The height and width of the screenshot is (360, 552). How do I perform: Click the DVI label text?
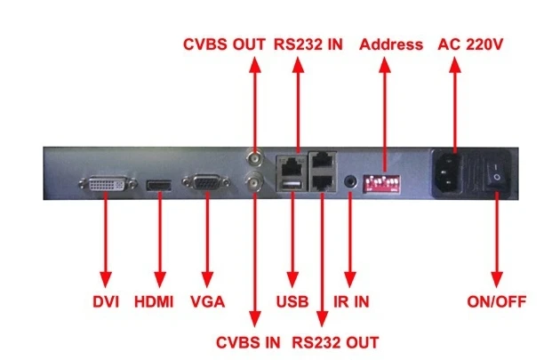click(106, 302)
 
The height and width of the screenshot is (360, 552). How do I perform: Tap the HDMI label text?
click(154, 302)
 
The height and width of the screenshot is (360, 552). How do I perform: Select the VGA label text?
click(207, 302)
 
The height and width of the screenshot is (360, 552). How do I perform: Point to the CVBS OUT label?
click(224, 44)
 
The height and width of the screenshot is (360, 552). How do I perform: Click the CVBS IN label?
click(248, 342)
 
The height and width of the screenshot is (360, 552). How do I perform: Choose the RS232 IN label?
click(308, 44)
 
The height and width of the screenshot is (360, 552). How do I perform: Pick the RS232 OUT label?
click(335, 342)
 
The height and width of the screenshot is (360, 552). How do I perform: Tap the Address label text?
click(391, 44)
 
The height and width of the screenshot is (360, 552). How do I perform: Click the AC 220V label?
click(470, 44)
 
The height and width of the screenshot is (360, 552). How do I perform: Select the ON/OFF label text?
click(496, 301)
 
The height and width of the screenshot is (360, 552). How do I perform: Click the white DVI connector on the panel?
click(108, 184)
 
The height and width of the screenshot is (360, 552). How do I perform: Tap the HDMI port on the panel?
click(159, 186)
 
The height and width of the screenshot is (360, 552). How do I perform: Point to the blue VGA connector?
click(206, 183)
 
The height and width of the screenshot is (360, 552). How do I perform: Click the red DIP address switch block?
click(381, 183)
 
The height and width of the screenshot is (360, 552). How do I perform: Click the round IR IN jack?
click(350, 182)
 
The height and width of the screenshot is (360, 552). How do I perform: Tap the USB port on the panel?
click(292, 185)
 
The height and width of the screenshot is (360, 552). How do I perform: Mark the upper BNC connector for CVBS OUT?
click(254, 159)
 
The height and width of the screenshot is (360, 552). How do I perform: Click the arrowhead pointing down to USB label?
click(292, 279)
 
